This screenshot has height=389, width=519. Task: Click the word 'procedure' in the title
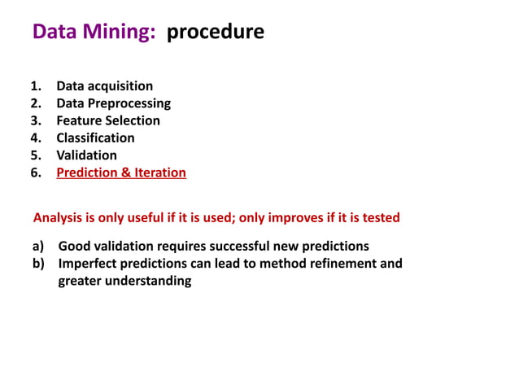(216, 32)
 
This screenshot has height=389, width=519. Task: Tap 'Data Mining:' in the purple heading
(94, 32)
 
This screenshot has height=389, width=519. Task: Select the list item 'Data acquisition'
(104, 86)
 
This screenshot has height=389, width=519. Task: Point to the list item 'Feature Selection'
(108, 120)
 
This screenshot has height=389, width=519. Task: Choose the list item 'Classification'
(95, 138)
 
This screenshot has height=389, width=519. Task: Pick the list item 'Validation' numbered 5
(86, 155)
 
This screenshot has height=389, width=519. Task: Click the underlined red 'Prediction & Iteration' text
(121, 173)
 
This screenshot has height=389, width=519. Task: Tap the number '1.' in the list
(37, 86)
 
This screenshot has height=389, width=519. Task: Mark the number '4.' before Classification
(37, 138)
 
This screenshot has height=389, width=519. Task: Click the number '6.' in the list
(37, 173)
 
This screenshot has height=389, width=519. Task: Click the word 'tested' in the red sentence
(379, 218)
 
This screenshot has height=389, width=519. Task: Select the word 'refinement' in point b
(336, 264)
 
